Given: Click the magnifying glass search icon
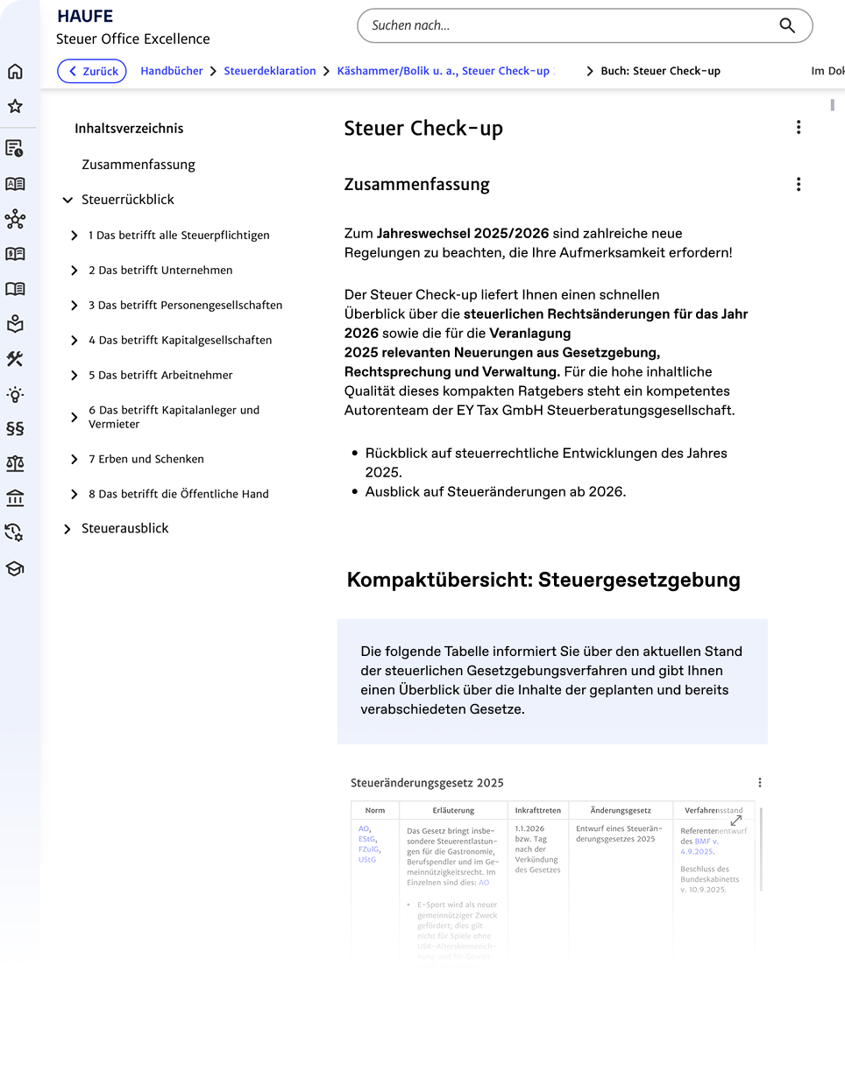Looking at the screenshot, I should tap(786, 25).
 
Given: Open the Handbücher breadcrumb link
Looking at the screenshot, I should tap(172, 71).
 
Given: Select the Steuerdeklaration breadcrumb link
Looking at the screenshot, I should tap(270, 71).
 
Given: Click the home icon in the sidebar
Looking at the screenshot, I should tap(15, 72).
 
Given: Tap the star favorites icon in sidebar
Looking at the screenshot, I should tap(15, 107).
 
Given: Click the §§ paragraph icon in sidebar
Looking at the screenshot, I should tap(15, 428).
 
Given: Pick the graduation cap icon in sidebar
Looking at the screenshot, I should tap(15, 568).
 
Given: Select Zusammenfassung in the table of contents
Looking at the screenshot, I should tap(138, 165).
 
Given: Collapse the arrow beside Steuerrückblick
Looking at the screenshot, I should tap(67, 201).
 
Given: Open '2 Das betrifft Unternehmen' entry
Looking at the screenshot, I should tap(160, 271).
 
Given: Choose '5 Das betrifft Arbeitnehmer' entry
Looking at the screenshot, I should tap(160, 376).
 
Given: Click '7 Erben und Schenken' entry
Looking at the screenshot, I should tap(146, 459).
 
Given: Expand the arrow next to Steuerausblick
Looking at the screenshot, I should tap(67, 530).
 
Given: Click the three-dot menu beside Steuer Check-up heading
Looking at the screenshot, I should tap(798, 128).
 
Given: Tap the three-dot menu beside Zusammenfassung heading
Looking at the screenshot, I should tap(798, 185).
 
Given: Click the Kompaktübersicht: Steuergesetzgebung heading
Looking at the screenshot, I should tap(543, 580).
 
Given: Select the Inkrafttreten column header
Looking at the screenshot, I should tap(538, 811).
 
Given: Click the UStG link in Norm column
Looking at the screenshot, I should tap(367, 860).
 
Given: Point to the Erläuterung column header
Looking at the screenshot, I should tap(453, 811).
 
